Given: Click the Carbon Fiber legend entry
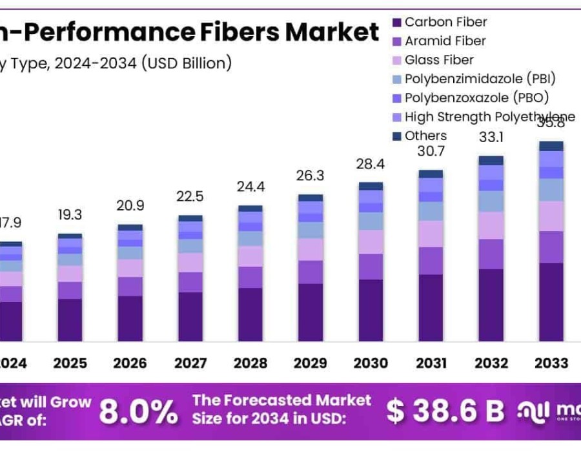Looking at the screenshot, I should coord(445,23).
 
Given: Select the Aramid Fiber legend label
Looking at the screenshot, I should coord(445,41).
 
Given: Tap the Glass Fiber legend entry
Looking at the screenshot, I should coord(439,60).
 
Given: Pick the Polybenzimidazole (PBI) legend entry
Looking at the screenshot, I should coord(480,79).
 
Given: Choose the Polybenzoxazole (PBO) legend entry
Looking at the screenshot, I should coord(476,98).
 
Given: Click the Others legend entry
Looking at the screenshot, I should coord(425,136).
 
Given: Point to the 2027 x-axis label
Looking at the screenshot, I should coord(190,364).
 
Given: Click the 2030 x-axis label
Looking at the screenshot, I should coord(371,364).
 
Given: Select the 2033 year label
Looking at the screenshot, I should coord(551,364).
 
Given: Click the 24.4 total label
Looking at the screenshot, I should coord(250,188).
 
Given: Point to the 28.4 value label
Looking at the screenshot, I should coord(371,164).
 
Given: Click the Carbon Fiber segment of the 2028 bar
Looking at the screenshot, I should coord(250,314).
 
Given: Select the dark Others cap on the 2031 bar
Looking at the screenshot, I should coord(431,174).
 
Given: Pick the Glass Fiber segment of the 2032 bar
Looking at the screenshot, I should coord(491,225).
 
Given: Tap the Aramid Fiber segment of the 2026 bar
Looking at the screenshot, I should coord(130,287).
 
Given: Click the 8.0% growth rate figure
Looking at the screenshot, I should coord(138,411).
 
